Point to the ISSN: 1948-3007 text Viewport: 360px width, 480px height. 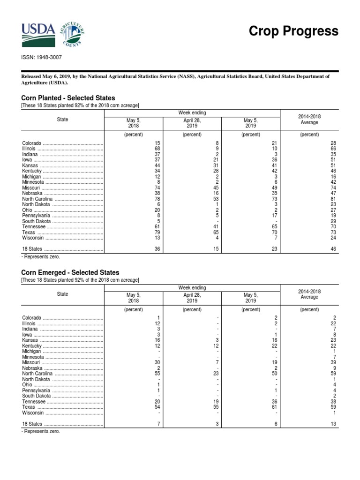41,57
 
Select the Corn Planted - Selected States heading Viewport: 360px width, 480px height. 68,98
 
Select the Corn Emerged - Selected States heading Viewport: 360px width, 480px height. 70,272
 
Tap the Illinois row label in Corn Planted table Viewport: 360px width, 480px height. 29,149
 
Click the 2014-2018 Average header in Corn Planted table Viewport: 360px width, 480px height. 309,119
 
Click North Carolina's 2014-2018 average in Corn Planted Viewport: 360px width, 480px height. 333,200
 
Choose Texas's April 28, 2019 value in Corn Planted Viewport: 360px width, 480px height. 216,232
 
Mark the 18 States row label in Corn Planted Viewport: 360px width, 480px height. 32,249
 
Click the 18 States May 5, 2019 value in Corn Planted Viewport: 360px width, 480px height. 275,249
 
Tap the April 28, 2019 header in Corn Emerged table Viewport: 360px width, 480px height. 192,298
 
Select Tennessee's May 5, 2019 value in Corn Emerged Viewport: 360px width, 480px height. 275,402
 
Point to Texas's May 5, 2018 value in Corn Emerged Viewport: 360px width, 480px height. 157,408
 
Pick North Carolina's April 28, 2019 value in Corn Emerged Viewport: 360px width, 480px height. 216,374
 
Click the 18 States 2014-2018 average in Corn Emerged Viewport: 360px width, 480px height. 333,424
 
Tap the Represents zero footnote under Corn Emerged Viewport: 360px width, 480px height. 41,431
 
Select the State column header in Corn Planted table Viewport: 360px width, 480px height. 62,120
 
